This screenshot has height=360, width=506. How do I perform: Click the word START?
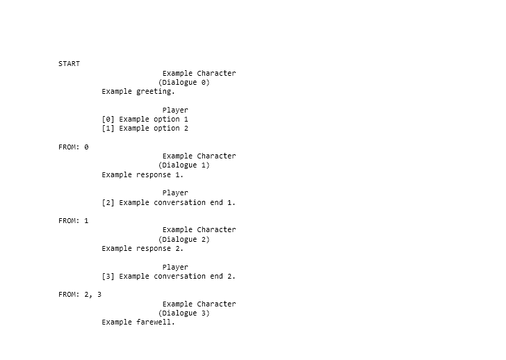[69, 63]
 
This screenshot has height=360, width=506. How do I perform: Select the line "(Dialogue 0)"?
[184, 83]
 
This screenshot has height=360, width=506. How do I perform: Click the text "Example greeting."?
[138, 92]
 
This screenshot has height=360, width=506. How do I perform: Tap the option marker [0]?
[108, 120]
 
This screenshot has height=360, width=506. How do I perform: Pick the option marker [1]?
[108, 129]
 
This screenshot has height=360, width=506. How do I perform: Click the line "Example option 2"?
[154, 129]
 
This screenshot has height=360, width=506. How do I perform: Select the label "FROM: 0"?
[74, 147]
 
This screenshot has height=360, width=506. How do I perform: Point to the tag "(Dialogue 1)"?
[184, 165]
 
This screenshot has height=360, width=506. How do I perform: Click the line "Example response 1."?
[142, 175]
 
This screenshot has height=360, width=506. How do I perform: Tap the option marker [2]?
[108, 202]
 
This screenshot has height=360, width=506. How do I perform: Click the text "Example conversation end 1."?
[177, 202]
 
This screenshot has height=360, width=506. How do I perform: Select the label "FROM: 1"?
[74, 220]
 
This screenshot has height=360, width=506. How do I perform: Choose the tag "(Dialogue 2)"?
[184, 239]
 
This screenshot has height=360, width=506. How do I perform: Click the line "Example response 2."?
[142, 248]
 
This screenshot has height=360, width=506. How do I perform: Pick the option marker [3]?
[108, 276]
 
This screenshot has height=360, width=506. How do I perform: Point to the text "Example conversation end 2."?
[177, 276]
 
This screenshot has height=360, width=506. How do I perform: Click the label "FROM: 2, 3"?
[80, 295]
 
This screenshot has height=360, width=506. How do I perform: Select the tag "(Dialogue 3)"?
[184, 313]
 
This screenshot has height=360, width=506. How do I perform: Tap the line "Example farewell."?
[138, 322]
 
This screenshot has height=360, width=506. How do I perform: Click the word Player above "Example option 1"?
[175, 111]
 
